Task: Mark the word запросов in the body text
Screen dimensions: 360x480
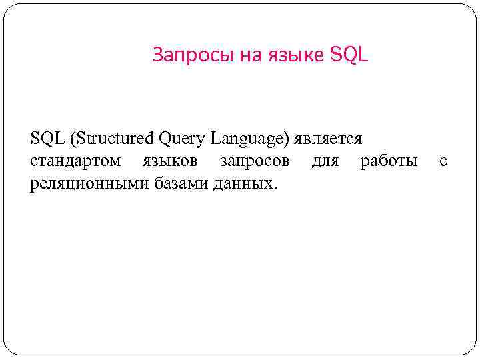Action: [x=255, y=161]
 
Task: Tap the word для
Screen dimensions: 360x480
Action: [x=325, y=161]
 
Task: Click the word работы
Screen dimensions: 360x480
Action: [x=389, y=161]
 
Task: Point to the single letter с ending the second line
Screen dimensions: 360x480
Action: [x=443, y=161]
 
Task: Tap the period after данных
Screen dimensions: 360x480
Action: [x=273, y=187]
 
